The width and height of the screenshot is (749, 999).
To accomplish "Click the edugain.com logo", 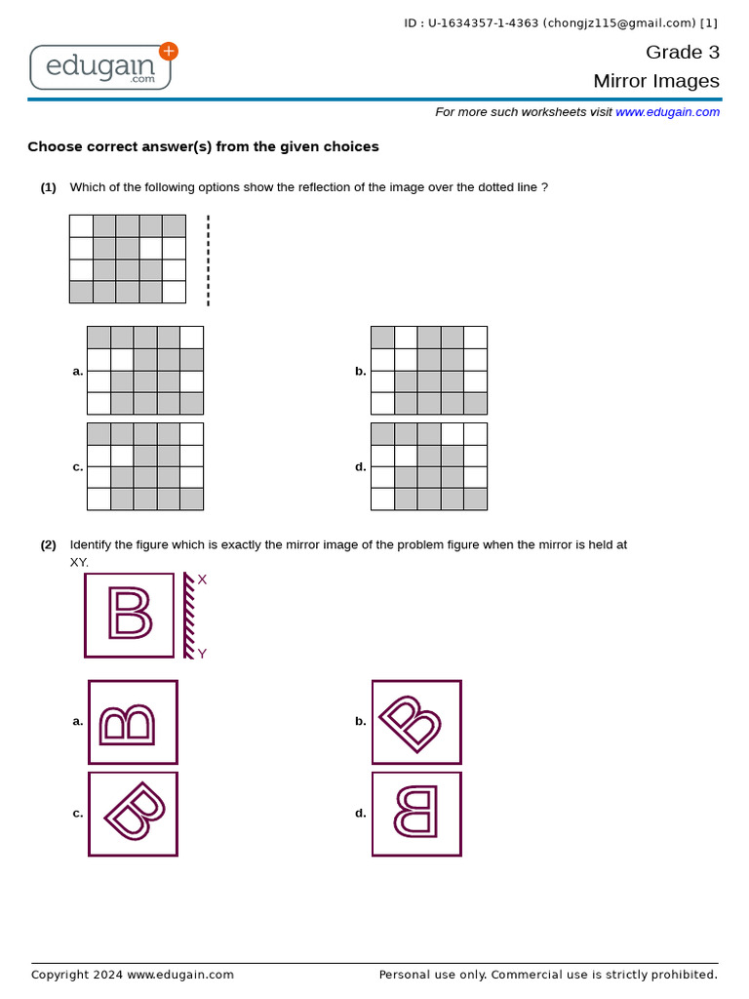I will click(101, 66).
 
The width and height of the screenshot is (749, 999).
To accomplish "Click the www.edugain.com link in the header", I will click(667, 112).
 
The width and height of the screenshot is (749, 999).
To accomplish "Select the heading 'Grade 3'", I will click(682, 52).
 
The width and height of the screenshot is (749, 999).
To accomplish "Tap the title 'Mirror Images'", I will click(656, 81).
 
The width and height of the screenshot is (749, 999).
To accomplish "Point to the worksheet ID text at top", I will click(560, 23).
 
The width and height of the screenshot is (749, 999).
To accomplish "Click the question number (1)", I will click(48, 187).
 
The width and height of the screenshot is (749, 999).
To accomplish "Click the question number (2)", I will click(48, 545).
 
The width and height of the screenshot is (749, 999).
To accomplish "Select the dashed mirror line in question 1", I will click(208, 260).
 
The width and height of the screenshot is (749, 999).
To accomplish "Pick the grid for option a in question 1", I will click(145, 371).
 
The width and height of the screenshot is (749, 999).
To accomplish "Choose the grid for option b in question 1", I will click(429, 371).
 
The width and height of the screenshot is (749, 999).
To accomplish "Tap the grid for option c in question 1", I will click(145, 466).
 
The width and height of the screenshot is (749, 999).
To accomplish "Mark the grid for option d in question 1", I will click(429, 466).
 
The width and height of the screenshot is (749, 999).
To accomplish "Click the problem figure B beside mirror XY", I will click(130, 615).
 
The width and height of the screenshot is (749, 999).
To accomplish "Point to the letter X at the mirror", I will click(202, 579).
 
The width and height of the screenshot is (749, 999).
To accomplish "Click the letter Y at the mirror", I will click(202, 654).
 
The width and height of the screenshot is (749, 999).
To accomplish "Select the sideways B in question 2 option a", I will click(128, 723).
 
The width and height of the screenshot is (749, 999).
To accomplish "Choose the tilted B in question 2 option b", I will click(411, 723).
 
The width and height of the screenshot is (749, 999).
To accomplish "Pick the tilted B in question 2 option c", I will click(135, 813).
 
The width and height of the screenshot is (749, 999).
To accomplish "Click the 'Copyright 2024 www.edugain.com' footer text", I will click(133, 975).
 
